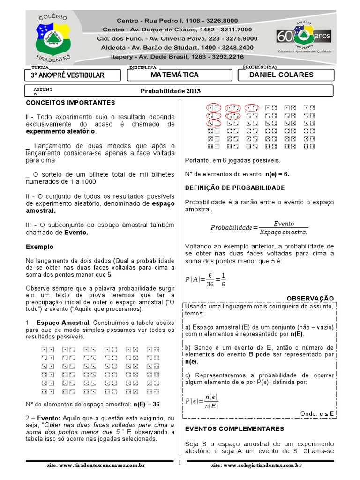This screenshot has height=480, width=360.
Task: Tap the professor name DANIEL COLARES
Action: pyautogui.click(x=281, y=75)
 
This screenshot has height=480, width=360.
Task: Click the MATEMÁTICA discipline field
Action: pyautogui.click(x=175, y=75)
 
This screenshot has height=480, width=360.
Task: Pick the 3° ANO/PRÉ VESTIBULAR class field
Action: pyautogui.click(x=67, y=75)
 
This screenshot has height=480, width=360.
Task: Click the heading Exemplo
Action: pyautogui.click(x=39, y=247)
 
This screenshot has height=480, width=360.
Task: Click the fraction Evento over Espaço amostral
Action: pyautogui.click(x=283, y=228)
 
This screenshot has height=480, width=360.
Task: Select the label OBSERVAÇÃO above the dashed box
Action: pyautogui.click(x=310, y=298)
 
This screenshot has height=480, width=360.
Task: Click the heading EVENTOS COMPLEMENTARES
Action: pyautogui.click(x=234, y=428)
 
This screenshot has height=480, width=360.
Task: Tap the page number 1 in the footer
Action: pyautogui.click(x=179, y=463)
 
